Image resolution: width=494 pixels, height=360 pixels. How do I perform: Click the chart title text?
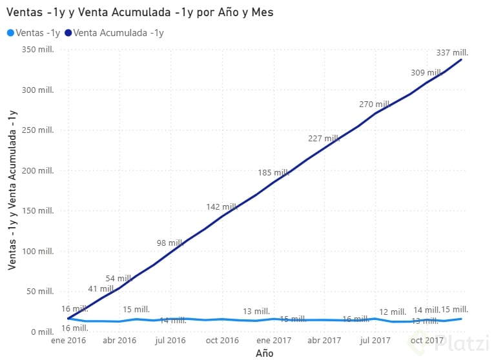(139, 12)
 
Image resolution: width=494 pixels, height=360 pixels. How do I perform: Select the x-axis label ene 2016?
(68, 341)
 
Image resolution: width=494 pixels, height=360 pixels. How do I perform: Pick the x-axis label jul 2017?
(375, 341)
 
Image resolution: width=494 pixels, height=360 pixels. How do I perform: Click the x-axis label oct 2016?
(221, 341)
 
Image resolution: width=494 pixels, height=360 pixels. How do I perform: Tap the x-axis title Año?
(264, 353)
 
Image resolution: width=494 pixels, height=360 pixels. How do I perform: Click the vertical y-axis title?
(12, 190)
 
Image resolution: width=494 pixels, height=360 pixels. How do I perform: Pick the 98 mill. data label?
(170, 243)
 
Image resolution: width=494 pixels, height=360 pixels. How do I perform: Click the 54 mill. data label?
(119, 279)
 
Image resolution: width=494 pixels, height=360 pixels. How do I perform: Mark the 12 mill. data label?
(392, 312)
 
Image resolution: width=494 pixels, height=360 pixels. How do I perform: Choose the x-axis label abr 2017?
(324, 341)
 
